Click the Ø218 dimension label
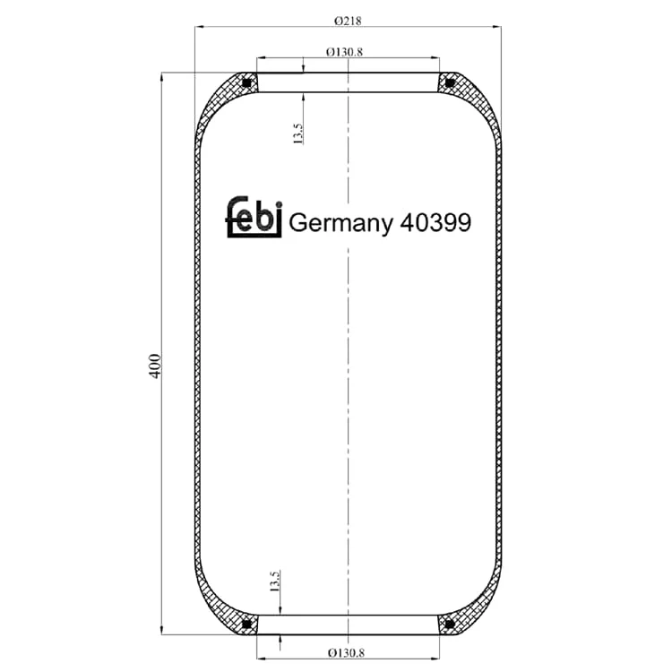pos(348,20)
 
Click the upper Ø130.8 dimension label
pos(345,52)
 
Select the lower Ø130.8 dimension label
pos(346,652)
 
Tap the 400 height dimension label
pos(155,366)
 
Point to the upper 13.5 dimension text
pos(297,134)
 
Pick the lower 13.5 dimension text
pos(275,582)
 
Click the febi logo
pos(254,217)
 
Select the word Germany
pos(340,223)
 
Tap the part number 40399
pos(435,222)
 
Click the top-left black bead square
pos(247,82)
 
